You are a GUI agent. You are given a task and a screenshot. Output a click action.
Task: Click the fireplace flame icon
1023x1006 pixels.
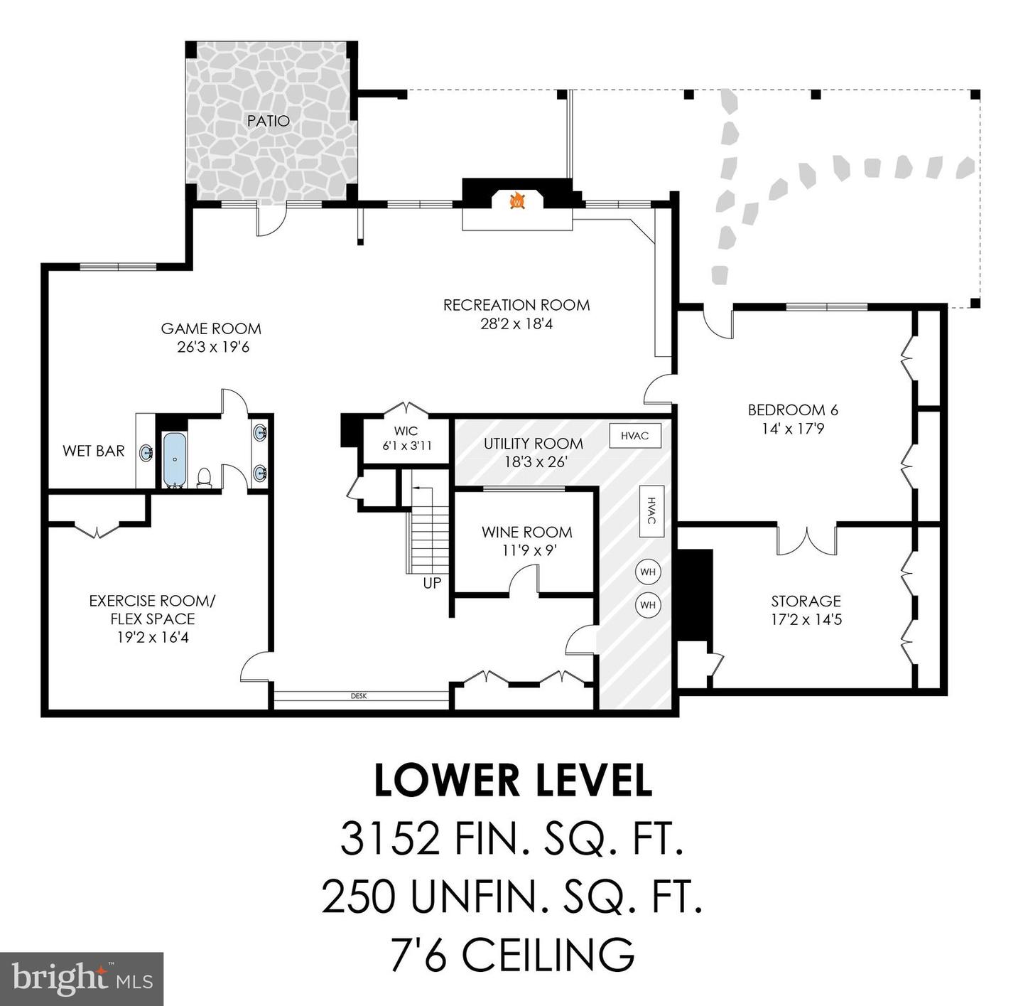pos(517,201)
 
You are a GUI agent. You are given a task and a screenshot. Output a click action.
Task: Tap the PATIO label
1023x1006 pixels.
pos(269,121)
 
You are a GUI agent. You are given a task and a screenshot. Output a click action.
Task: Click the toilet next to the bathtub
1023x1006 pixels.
pos(204,477)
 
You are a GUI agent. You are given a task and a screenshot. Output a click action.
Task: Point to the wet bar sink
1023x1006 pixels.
pos(146,452)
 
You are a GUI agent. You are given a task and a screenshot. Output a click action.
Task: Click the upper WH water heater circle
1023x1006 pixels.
pos(647,572)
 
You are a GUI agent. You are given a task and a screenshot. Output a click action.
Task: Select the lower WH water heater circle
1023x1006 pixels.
pos(647,605)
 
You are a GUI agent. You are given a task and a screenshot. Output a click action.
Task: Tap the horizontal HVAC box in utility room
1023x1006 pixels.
pos(634,436)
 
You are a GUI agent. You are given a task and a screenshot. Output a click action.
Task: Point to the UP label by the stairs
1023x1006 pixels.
pos(432,583)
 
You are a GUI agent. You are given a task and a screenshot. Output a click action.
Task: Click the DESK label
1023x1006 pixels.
pos(359,696)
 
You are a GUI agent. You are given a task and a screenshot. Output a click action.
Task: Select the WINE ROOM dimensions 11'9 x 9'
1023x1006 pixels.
pos(526,550)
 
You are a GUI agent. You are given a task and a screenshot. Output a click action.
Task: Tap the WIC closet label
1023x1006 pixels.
pos(406,431)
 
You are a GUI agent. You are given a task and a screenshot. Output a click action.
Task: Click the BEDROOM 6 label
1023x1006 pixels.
pos(793,410)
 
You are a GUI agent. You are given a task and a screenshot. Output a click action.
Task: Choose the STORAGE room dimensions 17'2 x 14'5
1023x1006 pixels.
pos(806,619)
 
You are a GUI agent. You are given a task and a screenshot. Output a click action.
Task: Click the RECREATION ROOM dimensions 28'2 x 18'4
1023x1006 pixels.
pos(516,324)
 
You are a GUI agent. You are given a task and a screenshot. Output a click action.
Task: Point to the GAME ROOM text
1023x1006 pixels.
pos(211,328)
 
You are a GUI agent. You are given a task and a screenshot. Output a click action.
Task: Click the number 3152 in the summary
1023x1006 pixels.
pos(389,838)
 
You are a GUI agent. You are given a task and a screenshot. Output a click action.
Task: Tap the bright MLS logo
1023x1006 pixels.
pos(82,979)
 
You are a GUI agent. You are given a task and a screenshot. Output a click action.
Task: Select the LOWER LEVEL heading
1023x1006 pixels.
pos(512,780)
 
